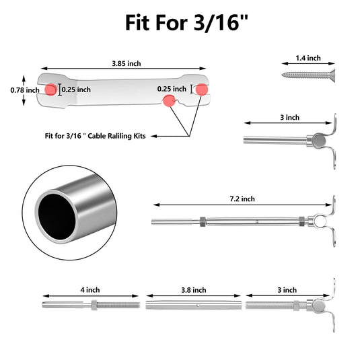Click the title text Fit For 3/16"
click(186, 22)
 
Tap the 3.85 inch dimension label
click(127, 63)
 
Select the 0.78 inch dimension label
click(25, 90)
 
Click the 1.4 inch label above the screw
click(308, 58)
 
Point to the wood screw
click(308, 75)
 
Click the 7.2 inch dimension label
click(242, 199)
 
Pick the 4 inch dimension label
click(90, 290)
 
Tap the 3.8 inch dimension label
click(194, 290)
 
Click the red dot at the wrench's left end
click(50, 89)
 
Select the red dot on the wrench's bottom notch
click(169, 101)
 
